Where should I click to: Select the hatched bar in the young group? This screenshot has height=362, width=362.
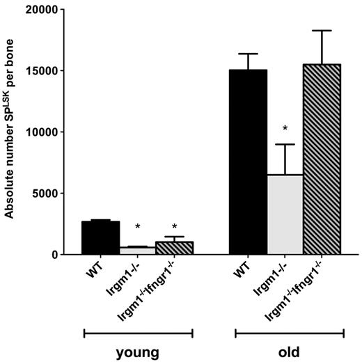pyautogui.click(x=174, y=249)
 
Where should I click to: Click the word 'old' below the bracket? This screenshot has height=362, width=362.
pyautogui.click(x=289, y=352)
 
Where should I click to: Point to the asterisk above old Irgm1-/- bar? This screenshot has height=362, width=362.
pyautogui.click(x=285, y=129)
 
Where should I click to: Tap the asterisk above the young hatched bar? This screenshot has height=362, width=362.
pyautogui.click(x=174, y=227)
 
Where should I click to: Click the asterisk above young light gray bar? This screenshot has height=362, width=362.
pyautogui.click(x=137, y=227)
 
